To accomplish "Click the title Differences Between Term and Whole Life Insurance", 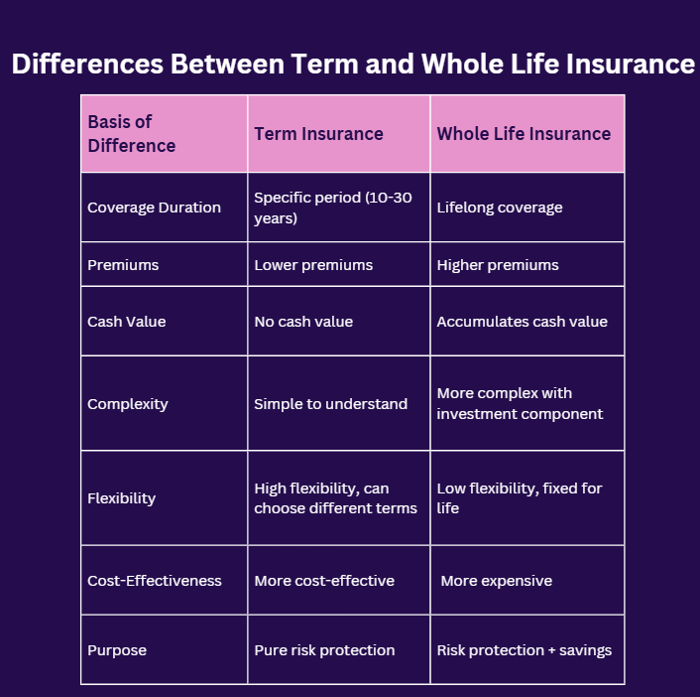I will pyautogui.click(x=352, y=64).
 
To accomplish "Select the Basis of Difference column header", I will pyautogui.click(x=132, y=134).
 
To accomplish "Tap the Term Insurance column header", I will pyautogui.click(x=318, y=134).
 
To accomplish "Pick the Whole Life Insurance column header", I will pyautogui.click(x=524, y=134).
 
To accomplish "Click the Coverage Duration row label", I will pyautogui.click(x=154, y=208).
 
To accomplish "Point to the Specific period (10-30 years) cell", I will pyautogui.click(x=333, y=208).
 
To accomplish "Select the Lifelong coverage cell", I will pyautogui.click(x=500, y=208).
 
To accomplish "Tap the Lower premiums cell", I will pyautogui.click(x=313, y=265).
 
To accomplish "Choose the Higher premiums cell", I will pyautogui.click(x=498, y=265).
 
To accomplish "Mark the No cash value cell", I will pyautogui.click(x=303, y=322).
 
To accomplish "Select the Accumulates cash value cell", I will pyautogui.click(x=522, y=322).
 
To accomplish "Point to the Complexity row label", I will pyautogui.click(x=128, y=404).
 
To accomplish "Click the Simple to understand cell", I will pyautogui.click(x=330, y=404).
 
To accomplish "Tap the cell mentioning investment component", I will pyautogui.click(x=520, y=404).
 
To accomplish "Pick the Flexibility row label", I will pyautogui.click(x=121, y=498).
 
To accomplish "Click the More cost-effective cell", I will pyautogui.click(x=324, y=580).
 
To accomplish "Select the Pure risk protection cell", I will pyautogui.click(x=324, y=650).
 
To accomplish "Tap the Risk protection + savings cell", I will pyautogui.click(x=524, y=650).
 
